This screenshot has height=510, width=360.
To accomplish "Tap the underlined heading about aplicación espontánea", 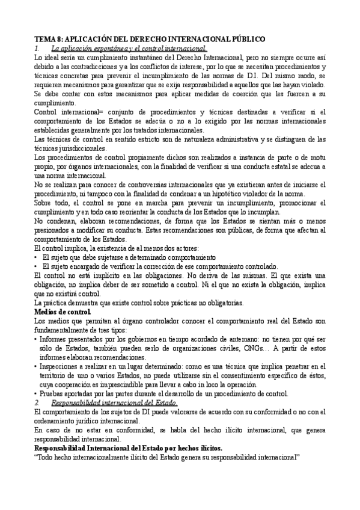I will (x=129, y=48).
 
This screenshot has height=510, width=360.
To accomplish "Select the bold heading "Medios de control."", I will (x=63, y=312).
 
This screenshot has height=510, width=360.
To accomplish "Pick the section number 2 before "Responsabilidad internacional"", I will (x=37, y=402).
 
